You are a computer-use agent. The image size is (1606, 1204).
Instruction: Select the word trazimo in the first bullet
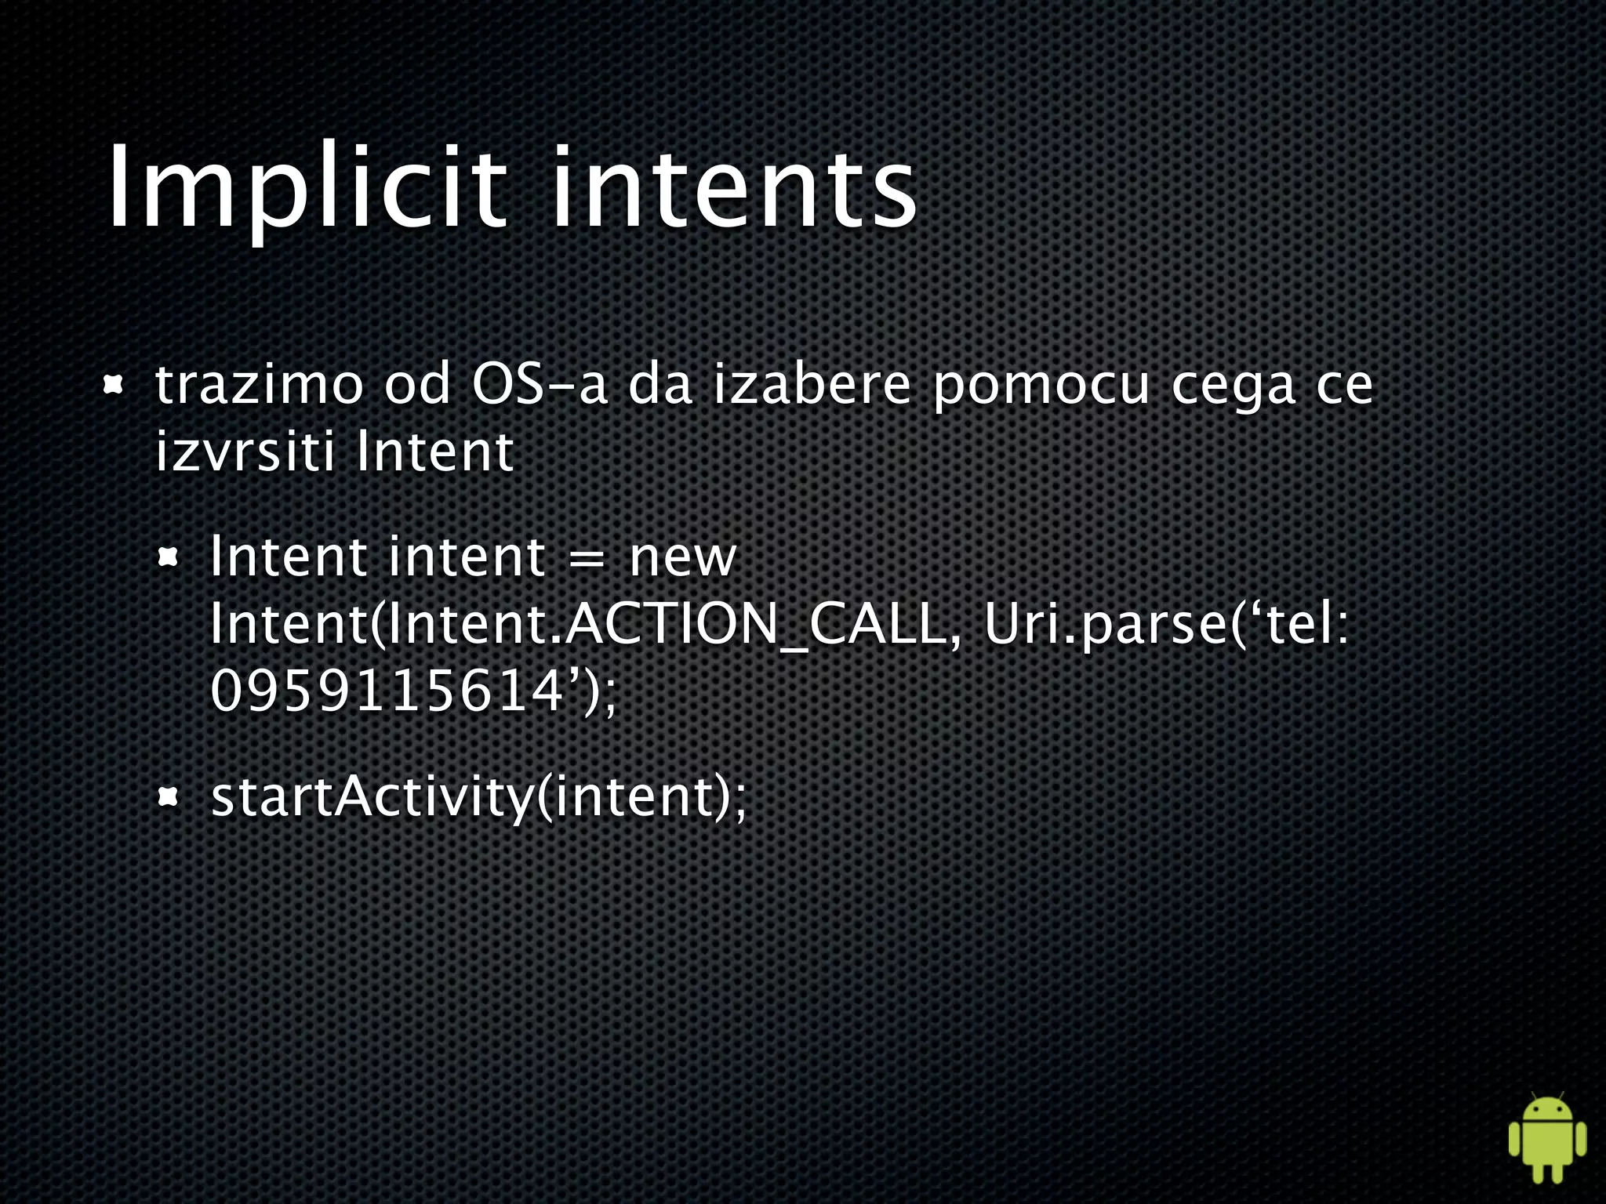coord(259,386)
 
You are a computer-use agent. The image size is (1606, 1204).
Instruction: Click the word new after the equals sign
coord(682,558)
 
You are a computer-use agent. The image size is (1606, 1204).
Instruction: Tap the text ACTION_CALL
coord(754,626)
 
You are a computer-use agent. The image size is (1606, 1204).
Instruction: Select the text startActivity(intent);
coord(478,798)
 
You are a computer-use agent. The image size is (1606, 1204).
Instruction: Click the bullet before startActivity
coord(169,798)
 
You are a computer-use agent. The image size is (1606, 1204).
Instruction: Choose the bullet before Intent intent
coord(169,558)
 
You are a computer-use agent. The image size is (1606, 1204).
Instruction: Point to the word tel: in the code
coord(1306,625)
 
